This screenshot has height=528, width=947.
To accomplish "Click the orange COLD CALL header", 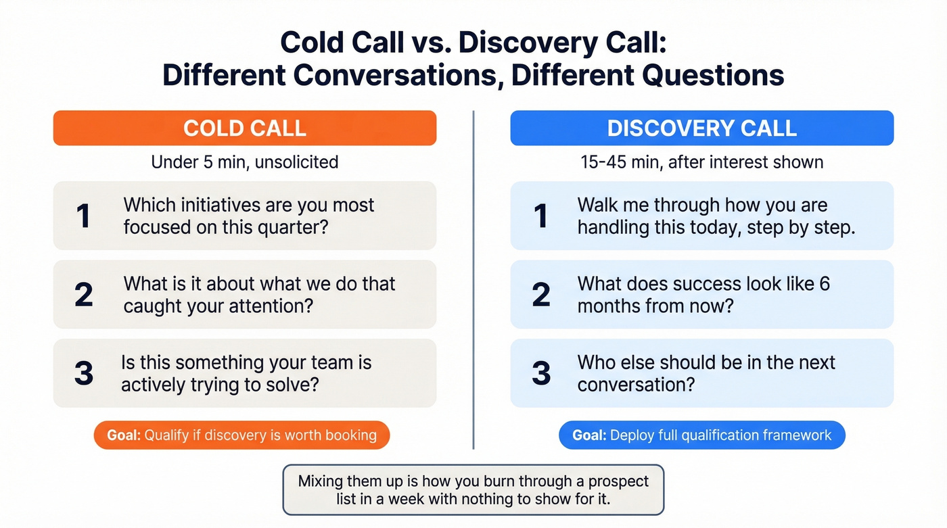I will [x=244, y=128].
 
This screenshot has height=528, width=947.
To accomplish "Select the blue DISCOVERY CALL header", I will [x=701, y=128].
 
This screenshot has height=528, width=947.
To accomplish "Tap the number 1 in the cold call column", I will [x=83, y=216].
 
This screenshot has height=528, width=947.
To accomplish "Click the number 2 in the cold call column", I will [x=83, y=295].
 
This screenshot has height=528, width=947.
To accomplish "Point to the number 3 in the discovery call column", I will [x=541, y=373].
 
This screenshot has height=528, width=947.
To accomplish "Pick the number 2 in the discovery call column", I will [x=541, y=295].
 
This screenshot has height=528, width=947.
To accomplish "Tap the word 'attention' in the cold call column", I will [x=270, y=306].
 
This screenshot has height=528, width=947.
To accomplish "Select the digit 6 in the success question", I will [x=824, y=284].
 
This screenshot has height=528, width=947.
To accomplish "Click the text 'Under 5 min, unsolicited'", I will [x=244, y=162].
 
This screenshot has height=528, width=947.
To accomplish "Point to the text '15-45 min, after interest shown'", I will [x=701, y=162].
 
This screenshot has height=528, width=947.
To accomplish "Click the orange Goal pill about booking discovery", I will [x=241, y=435].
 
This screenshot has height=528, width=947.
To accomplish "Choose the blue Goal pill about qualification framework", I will [x=701, y=435].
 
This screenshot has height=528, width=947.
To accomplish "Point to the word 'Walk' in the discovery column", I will [x=599, y=206].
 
